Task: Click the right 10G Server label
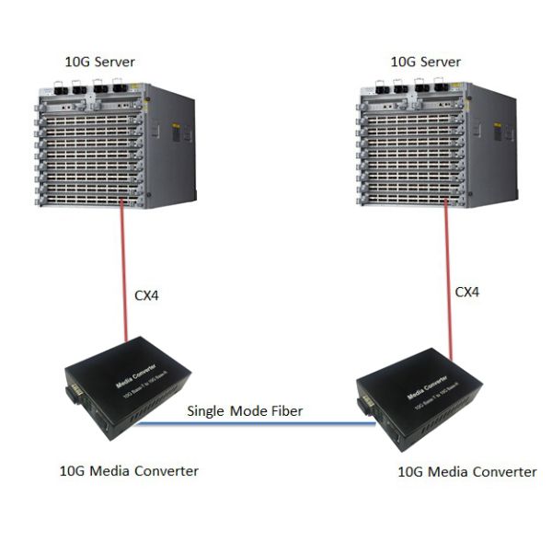pos(425,63)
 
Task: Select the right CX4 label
pos(467,292)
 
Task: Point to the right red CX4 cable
pos(448,276)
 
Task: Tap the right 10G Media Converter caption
pos(466,472)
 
